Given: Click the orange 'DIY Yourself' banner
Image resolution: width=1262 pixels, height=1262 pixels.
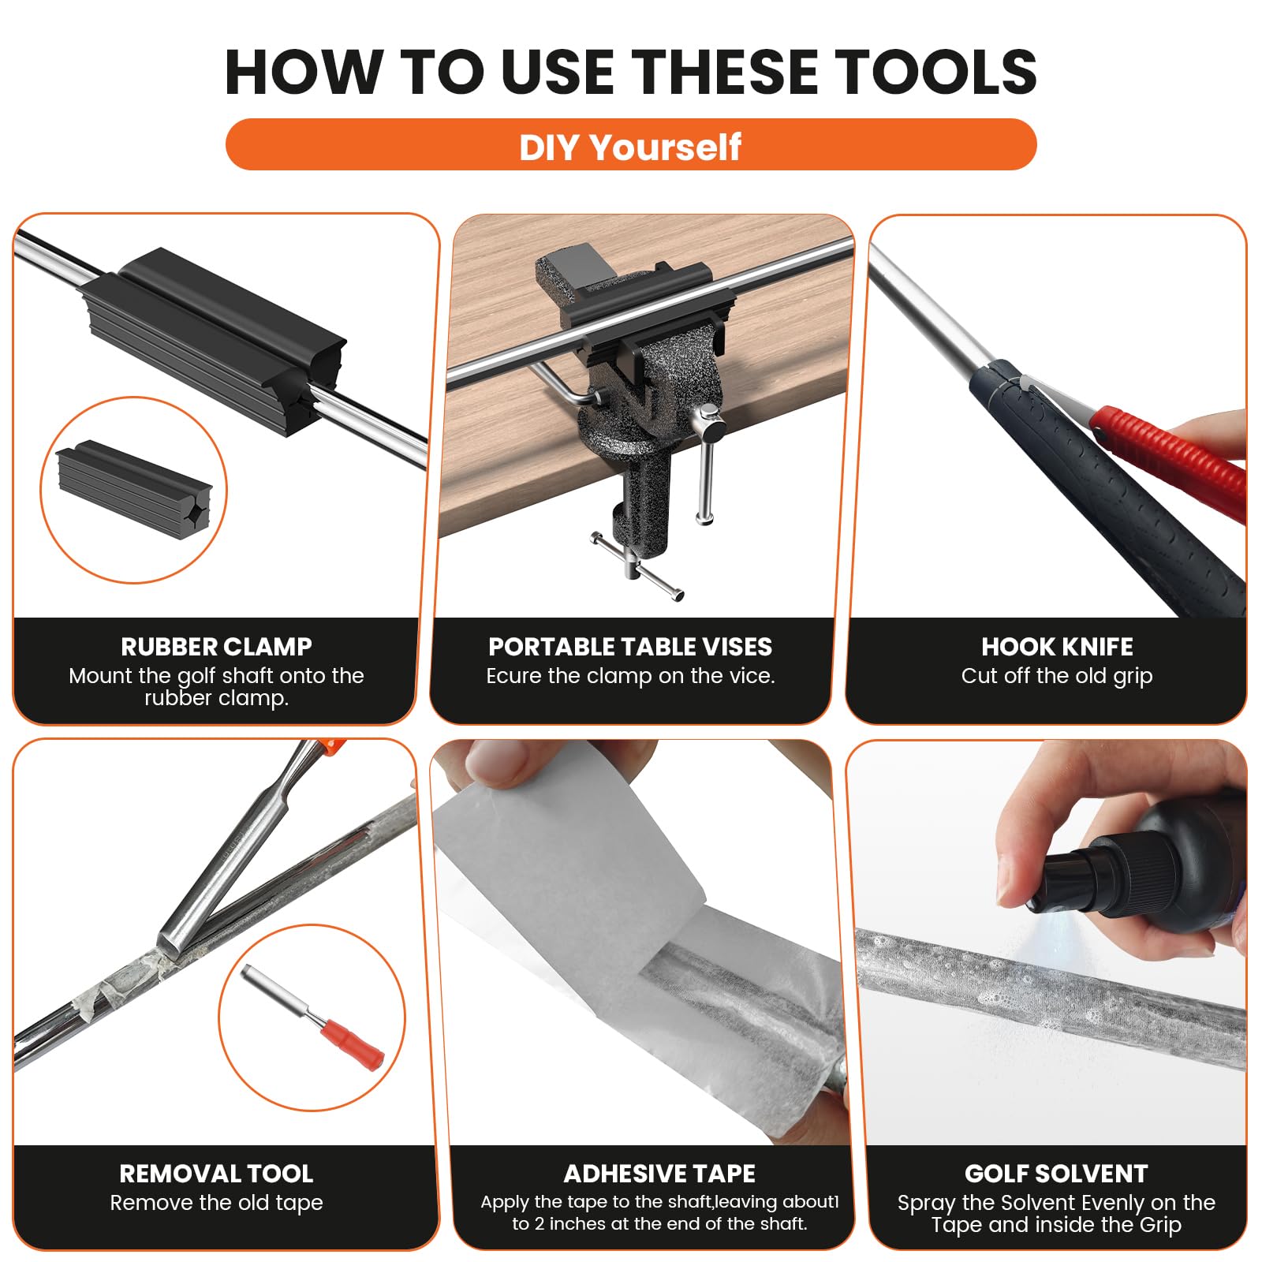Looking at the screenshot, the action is (631, 144).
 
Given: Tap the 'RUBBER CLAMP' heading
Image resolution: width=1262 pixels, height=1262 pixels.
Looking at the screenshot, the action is (216, 647).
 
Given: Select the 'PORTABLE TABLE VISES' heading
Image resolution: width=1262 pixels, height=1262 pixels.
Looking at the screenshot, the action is (630, 647).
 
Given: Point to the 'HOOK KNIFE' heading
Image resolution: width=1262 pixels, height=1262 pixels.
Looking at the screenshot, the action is (1057, 647).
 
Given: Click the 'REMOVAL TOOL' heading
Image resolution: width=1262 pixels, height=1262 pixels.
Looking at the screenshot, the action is (216, 1174).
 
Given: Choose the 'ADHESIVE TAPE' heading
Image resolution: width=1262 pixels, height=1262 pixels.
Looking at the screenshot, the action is (659, 1174).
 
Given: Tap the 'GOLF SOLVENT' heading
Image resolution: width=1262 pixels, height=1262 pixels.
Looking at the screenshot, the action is (1056, 1174).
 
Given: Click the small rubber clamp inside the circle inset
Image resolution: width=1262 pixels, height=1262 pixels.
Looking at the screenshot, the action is (134, 489).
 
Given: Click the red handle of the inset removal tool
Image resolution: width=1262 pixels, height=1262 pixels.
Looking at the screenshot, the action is (351, 1044).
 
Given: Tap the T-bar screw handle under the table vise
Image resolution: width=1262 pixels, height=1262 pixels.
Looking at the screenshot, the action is (637, 566).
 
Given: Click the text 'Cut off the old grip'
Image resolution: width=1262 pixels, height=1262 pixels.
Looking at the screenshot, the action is (1057, 676).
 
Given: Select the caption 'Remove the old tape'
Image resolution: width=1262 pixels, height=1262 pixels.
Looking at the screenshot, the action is (216, 1203).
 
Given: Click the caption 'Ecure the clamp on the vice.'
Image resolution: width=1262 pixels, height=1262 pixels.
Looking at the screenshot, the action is (630, 676).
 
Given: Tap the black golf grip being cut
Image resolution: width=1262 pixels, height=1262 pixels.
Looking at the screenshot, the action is (1104, 489).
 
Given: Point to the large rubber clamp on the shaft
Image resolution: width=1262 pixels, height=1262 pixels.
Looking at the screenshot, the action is (213, 339).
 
